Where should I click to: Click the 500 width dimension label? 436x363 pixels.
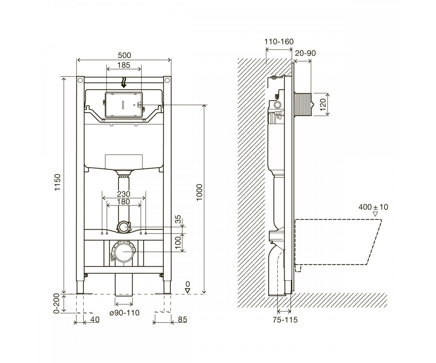tap(125, 55)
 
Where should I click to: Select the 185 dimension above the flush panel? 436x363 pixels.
tap(124, 65)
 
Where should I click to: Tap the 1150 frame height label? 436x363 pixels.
tap(57, 182)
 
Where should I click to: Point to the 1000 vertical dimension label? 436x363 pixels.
tap(199, 192)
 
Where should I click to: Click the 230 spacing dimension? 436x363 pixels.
tap(124, 194)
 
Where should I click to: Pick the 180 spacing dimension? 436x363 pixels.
tap(124, 202)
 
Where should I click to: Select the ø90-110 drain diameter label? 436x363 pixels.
tap(125, 313)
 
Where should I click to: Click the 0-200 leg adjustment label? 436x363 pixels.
tap(57, 303)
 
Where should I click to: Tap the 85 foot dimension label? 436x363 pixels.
tap(182, 319)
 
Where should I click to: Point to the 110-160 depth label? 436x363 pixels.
tap(279, 42)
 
